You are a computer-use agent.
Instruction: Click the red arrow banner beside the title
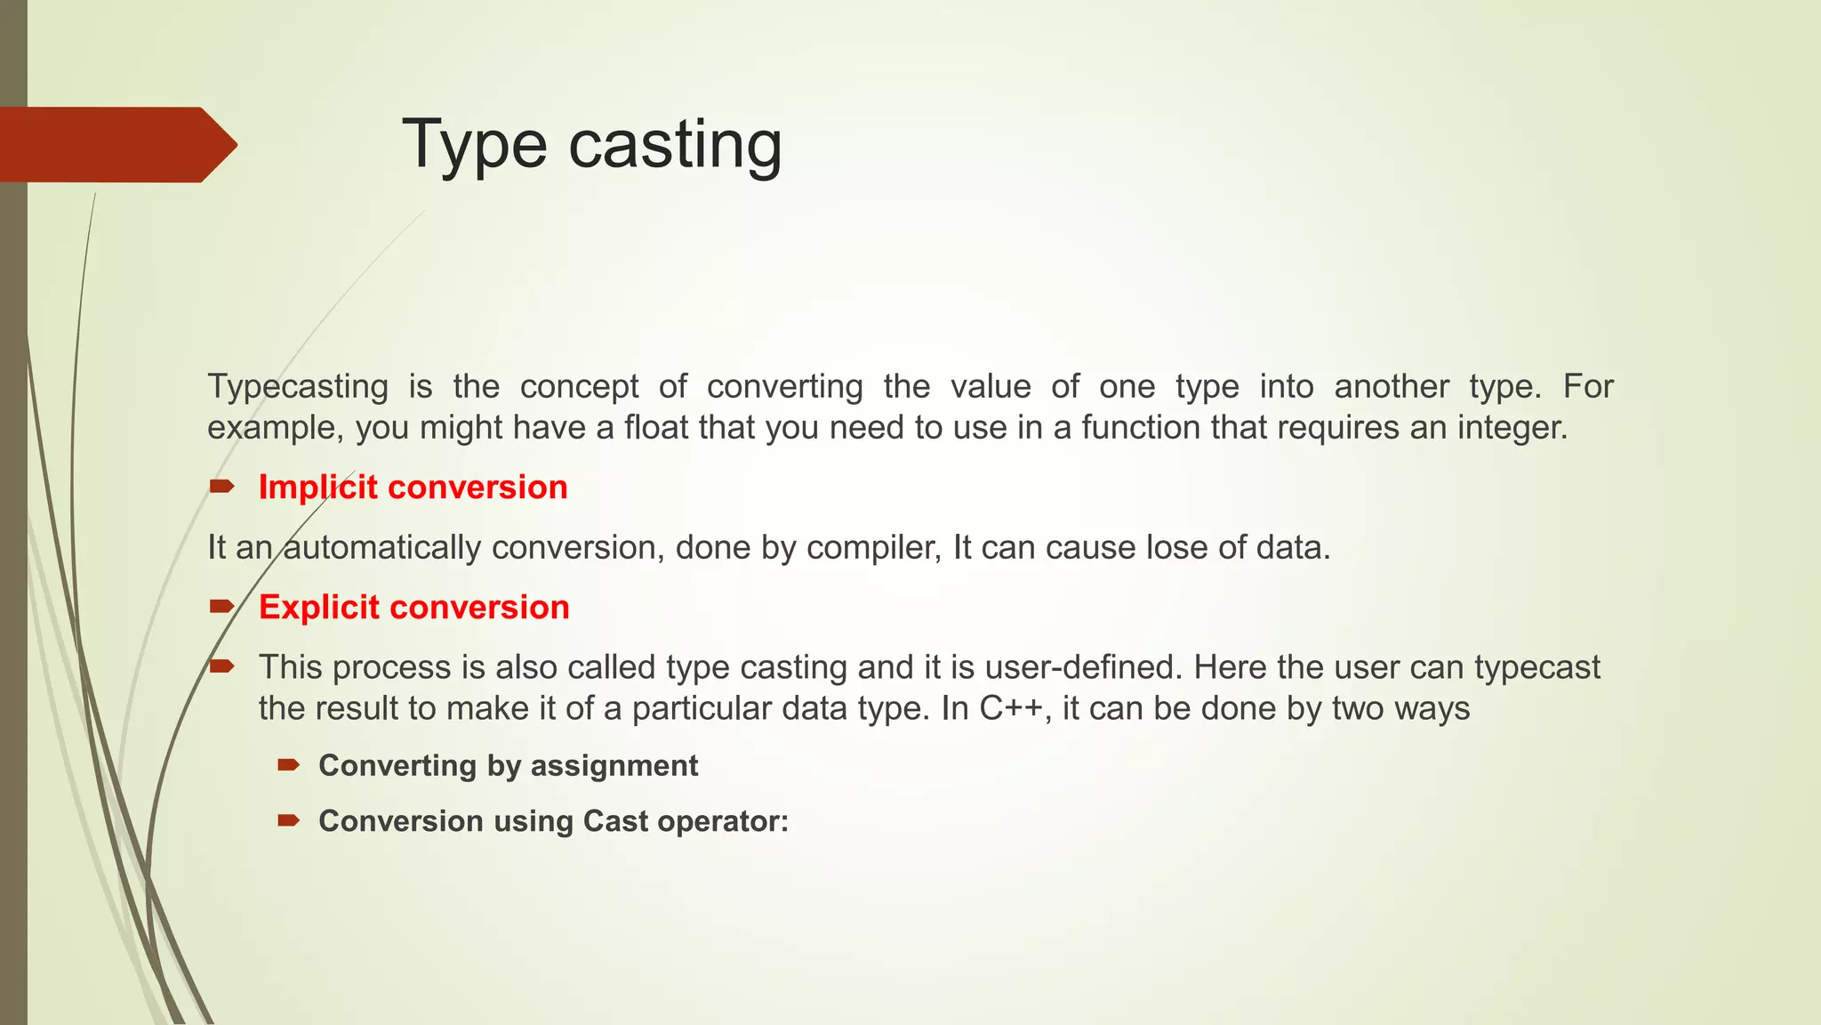point(116,145)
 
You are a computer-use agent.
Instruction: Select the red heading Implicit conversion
point(413,488)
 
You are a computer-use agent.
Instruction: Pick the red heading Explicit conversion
point(413,608)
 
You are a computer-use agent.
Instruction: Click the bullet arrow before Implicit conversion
point(221,486)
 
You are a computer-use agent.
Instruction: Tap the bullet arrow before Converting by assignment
point(288,764)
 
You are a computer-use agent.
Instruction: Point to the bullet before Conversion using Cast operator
point(288,819)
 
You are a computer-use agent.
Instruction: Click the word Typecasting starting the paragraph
point(298,387)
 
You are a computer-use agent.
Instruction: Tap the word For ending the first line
point(1588,387)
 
